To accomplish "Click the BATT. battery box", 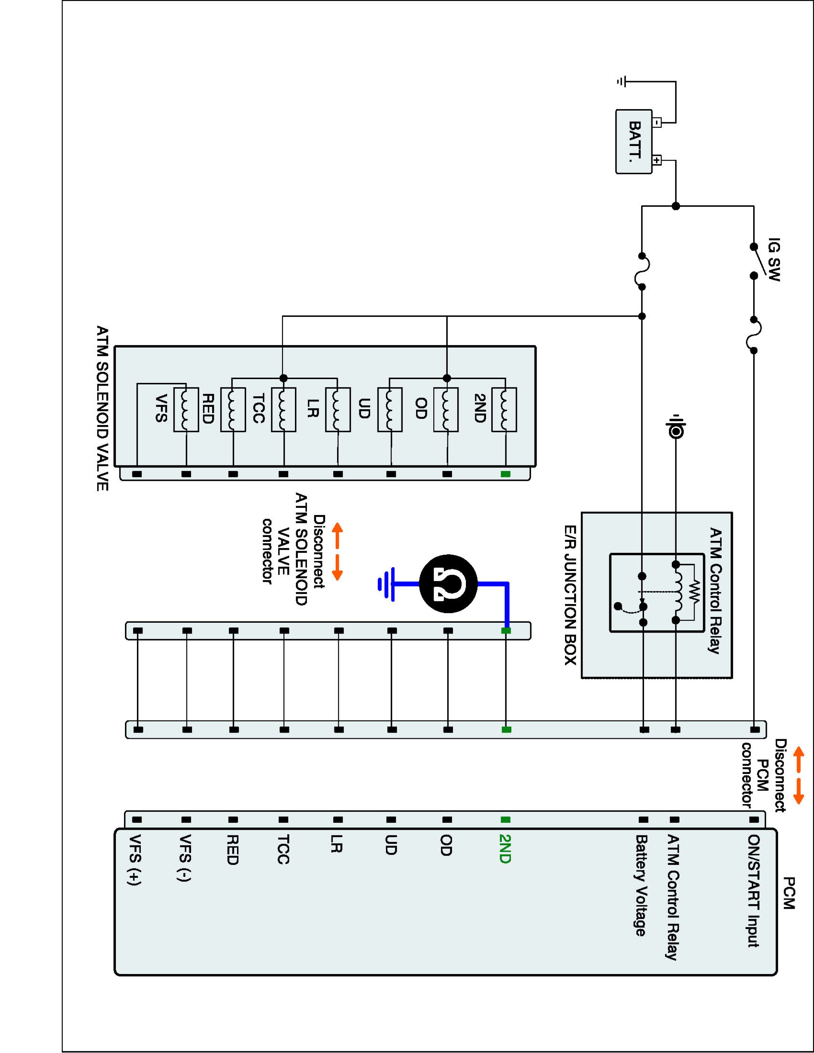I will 634,141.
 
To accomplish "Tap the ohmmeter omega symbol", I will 448,584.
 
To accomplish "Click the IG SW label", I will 773,259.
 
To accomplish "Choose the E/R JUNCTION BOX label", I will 571,595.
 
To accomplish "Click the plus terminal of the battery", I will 657,160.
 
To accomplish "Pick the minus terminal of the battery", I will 657,122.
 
